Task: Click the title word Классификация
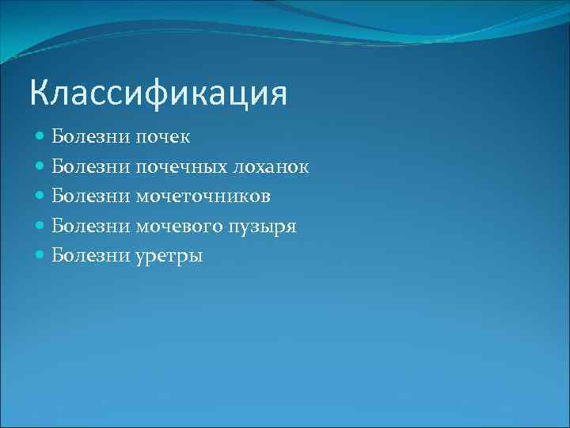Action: (158, 94)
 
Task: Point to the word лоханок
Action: (268, 167)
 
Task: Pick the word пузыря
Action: (262, 227)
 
